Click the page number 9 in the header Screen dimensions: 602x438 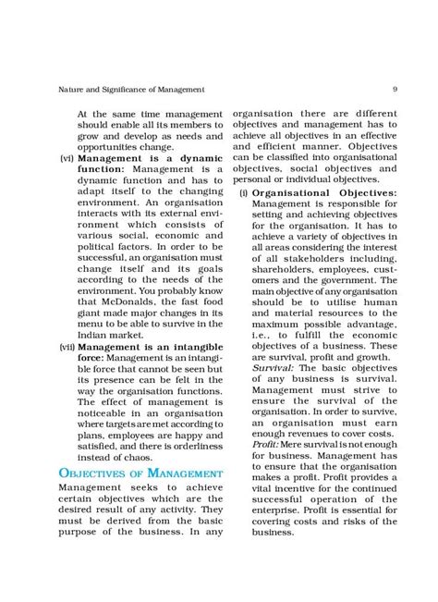[395, 90]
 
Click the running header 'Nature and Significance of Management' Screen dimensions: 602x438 [118, 90]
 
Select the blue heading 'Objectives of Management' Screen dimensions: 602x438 [135, 474]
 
